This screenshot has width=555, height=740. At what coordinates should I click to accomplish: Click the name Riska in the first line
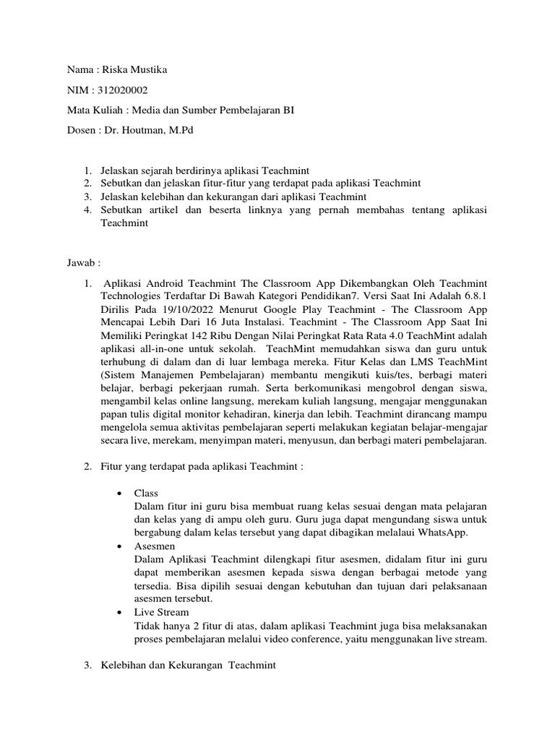click(x=114, y=70)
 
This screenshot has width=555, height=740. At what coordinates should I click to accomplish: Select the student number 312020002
click(x=124, y=90)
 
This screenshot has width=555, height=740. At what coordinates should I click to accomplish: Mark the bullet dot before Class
click(x=119, y=493)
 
